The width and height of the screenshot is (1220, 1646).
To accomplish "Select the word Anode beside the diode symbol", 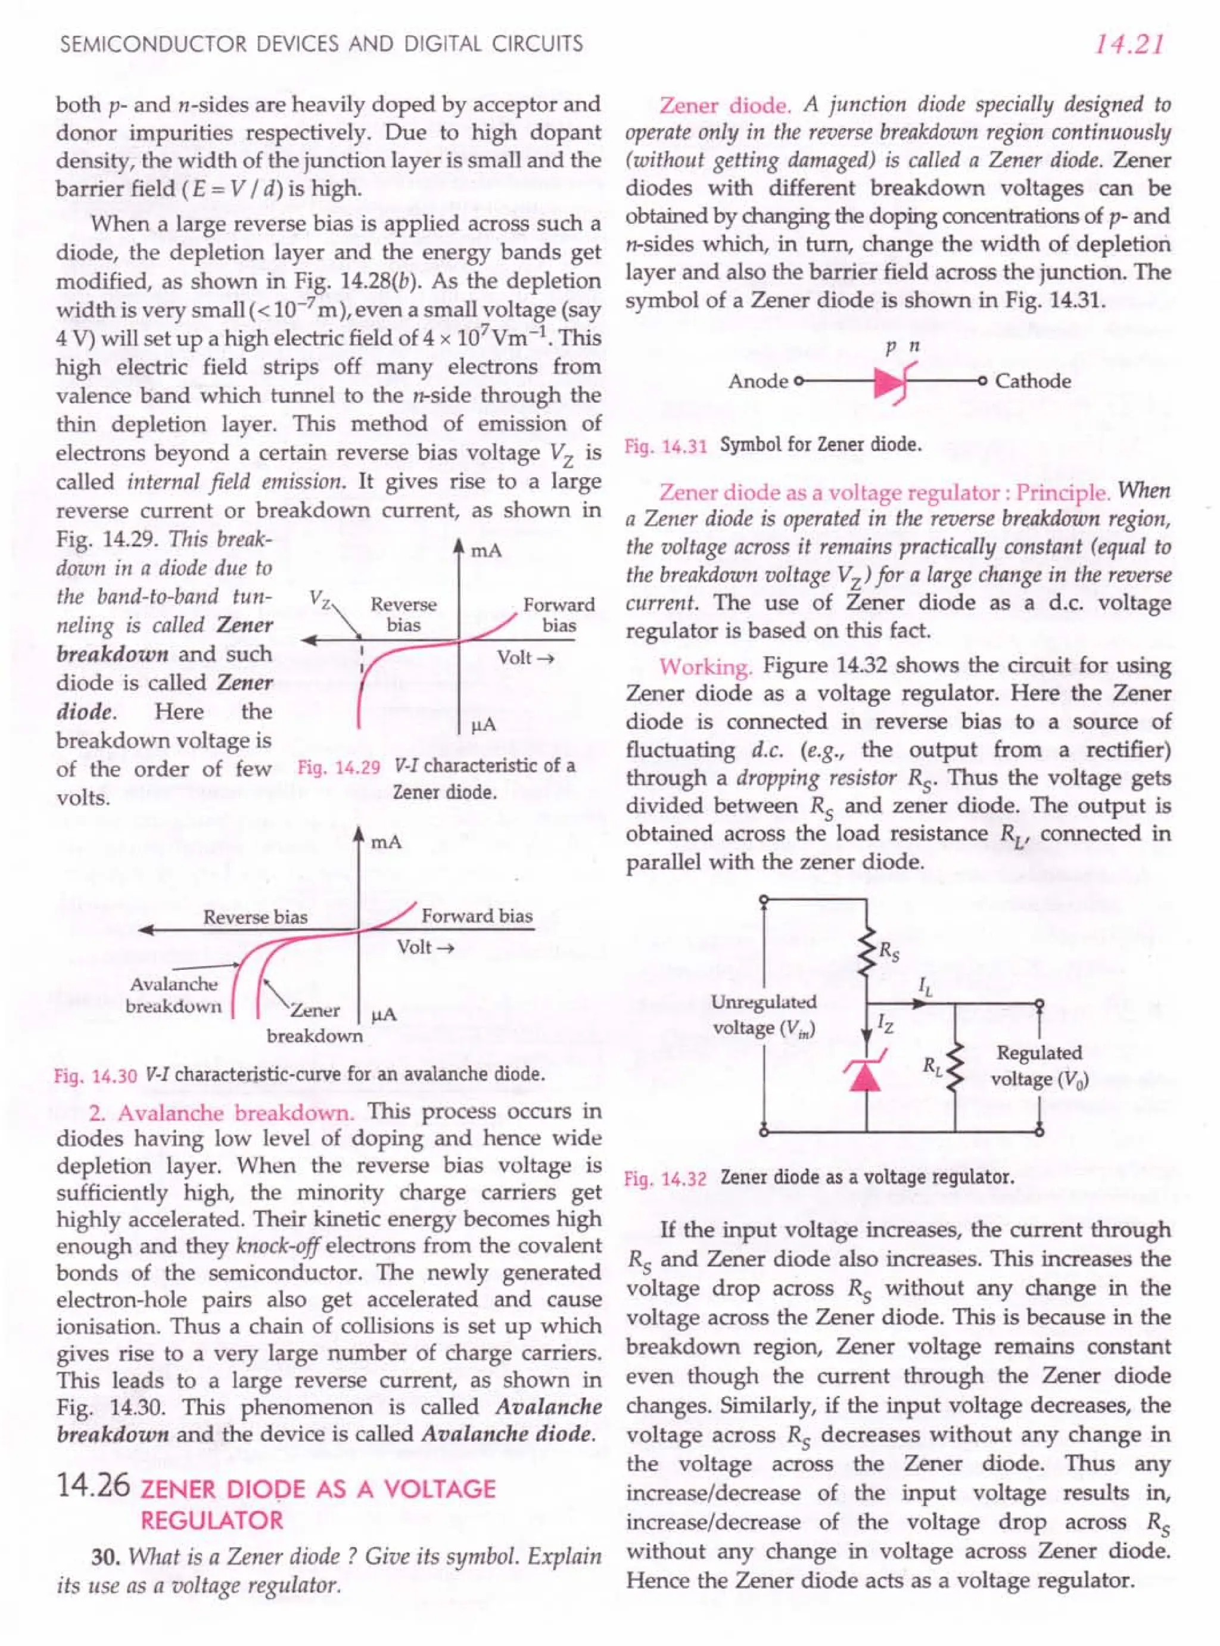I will (758, 381).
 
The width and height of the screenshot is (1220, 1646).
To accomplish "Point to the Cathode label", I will (1032, 381).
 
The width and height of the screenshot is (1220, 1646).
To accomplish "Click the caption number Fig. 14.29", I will (339, 767).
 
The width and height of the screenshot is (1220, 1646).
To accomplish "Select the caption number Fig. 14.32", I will (665, 1178).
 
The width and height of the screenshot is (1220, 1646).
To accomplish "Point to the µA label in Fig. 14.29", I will (484, 725).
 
